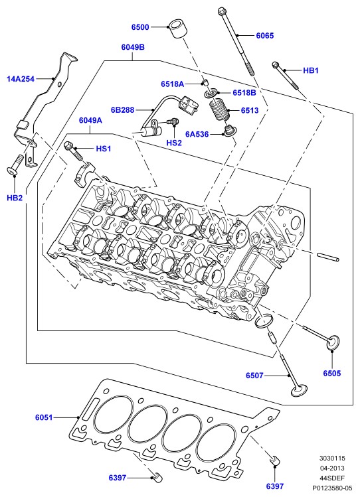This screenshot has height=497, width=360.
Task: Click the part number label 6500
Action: click(x=140, y=27)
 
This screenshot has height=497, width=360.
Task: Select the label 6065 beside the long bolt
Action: click(x=265, y=36)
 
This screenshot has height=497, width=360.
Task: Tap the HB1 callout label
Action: click(x=311, y=70)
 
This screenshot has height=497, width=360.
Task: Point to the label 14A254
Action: click(x=21, y=78)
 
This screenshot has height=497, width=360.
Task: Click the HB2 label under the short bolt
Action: click(x=15, y=198)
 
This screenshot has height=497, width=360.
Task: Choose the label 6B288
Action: click(x=122, y=110)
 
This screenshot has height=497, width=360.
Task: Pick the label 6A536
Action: click(x=197, y=135)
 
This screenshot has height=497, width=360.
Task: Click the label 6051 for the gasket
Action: click(x=44, y=417)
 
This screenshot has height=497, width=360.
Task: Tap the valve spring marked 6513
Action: click(x=219, y=109)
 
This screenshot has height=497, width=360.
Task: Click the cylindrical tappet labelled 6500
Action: click(x=177, y=29)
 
